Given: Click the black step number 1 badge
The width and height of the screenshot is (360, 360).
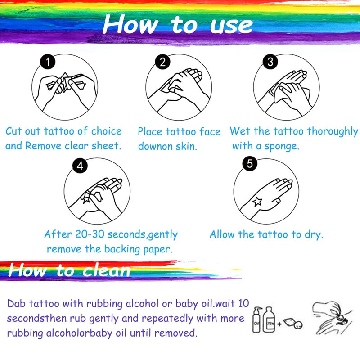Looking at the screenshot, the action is pyautogui.click(x=48, y=62).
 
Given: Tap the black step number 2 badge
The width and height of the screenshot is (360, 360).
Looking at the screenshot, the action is pyautogui.click(x=162, y=62).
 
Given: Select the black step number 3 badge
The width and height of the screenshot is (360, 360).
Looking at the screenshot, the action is pyautogui.click(x=270, y=62).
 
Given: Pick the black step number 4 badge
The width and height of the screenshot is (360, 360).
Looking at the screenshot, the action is pyautogui.click(x=80, y=166).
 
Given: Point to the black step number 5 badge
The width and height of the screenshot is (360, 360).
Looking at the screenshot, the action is pyautogui.click(x=250, y=164).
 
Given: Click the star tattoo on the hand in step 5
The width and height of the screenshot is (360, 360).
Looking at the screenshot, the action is pyautogui.click(x=257, y=202).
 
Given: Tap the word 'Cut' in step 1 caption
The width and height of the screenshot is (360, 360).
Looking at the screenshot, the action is pyautogui.click(x=13, y=131).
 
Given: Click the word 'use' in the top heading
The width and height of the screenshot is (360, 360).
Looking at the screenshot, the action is pyautogui.click(x=231, y=25).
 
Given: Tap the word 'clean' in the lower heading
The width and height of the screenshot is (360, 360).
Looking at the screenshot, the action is pyautogui.click(x=106, y=270).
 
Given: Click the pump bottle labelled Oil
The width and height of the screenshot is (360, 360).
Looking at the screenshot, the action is pyautogui.click(x=257, y=319).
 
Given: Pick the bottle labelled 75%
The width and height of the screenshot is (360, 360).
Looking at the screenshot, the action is pyautogui.click(x=269, y=319).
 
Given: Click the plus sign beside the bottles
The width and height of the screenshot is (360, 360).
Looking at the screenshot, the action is pyautogui.click(x=279, y=324).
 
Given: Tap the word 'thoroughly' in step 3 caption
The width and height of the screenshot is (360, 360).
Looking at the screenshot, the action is pyautogui.click(x=333, y=131).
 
